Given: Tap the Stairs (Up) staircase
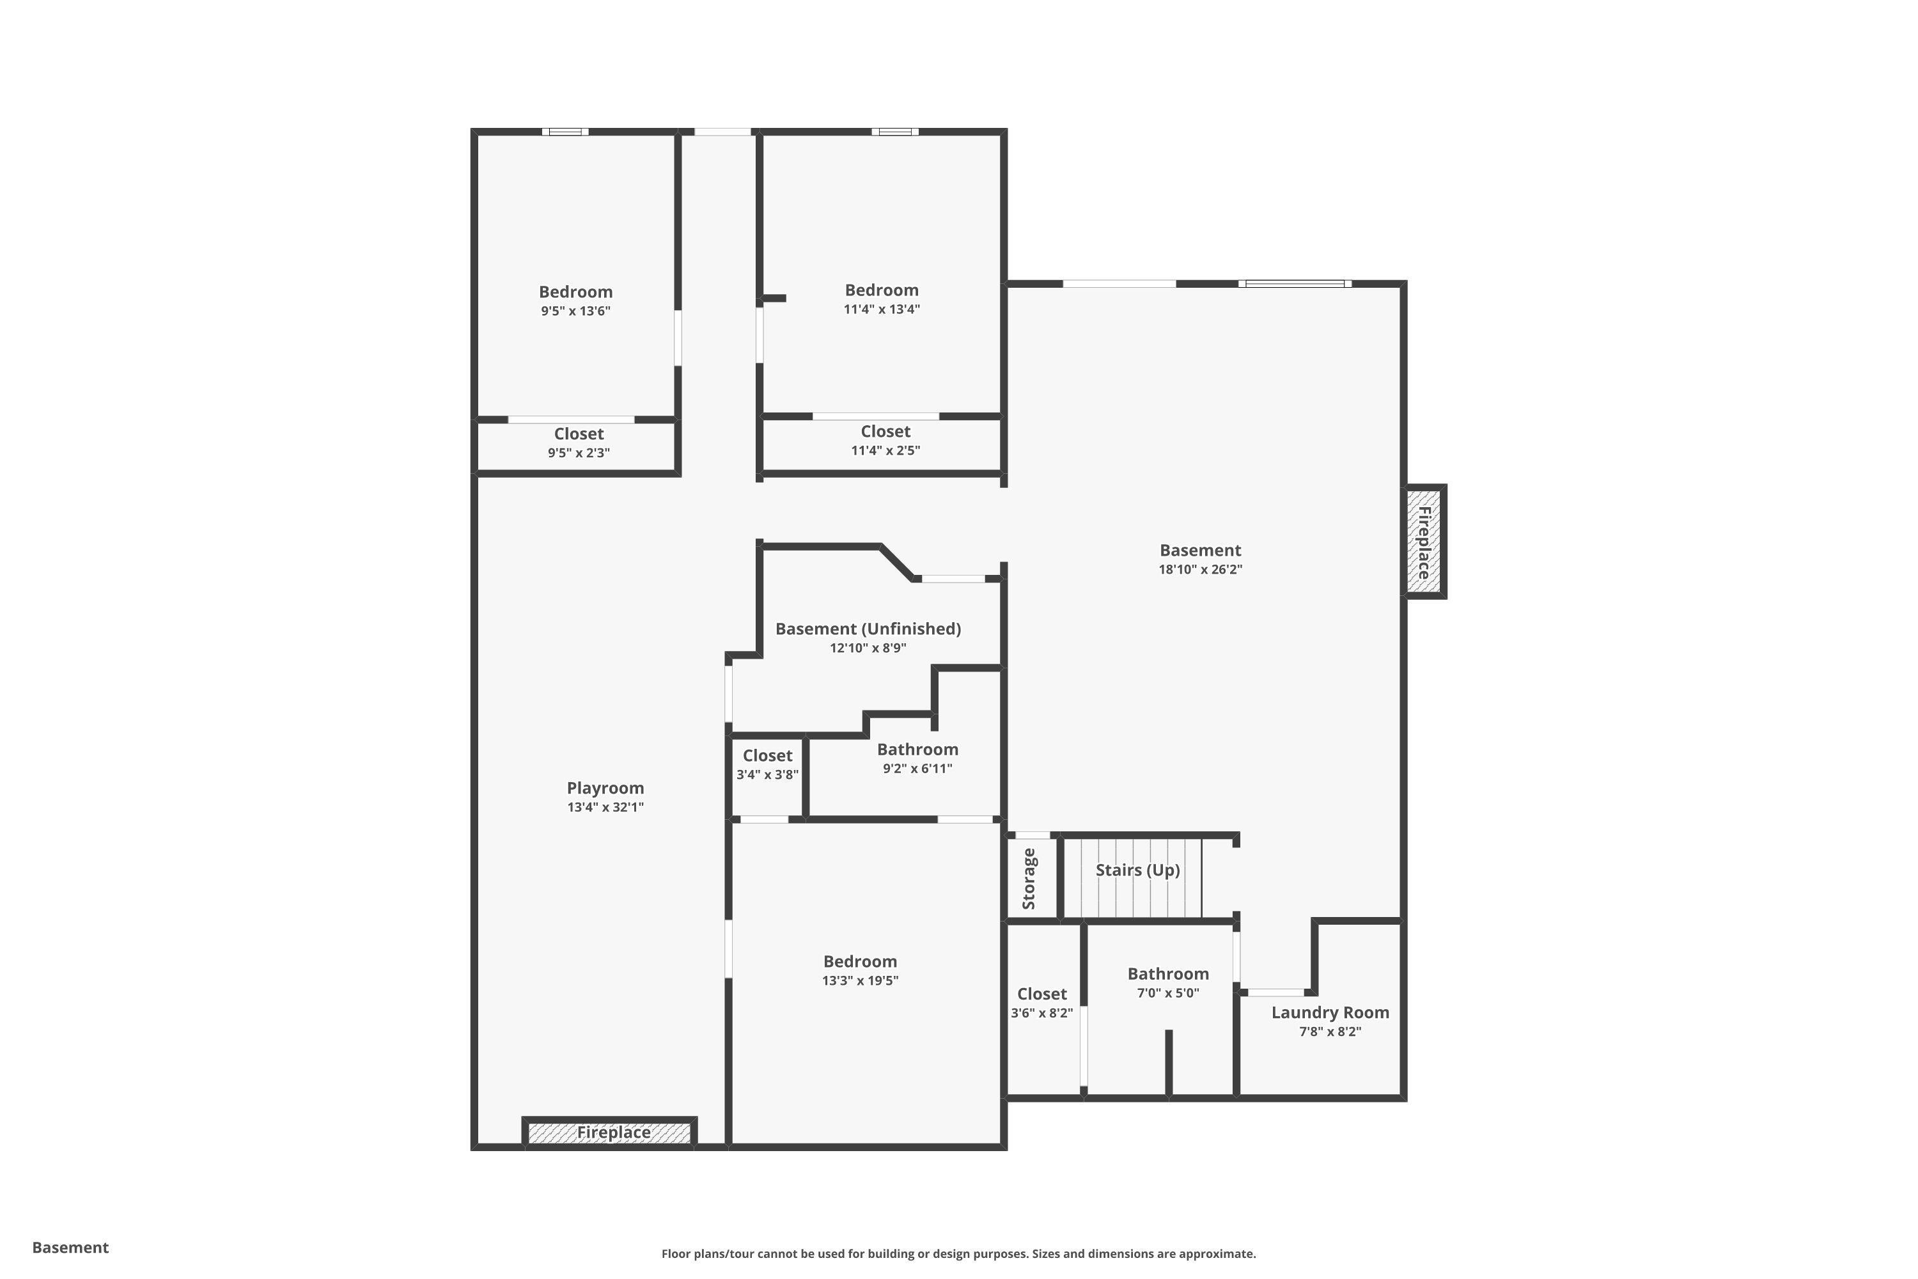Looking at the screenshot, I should pos(1137,877).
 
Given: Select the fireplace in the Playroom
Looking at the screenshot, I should pos(611,1132).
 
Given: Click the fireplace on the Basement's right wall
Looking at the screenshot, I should pos(1424,542).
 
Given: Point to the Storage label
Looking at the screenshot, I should pos(1029,879).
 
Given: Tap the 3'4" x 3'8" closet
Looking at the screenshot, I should pos(767,765).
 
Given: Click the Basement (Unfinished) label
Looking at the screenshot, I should pos(868,629).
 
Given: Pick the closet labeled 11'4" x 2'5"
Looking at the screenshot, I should pos(885,440).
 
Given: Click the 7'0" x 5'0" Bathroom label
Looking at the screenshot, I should pos(1168,974).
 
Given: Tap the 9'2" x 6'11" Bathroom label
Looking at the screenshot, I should pos(917,749).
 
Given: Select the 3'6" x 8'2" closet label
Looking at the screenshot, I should pos(1041,994).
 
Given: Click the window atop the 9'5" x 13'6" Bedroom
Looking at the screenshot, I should pos(566,131).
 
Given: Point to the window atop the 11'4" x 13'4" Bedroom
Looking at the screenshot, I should pos(894,131).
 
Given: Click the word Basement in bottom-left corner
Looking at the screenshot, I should pos(70,1247).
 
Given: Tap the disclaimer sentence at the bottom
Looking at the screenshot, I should pos(958,1253).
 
